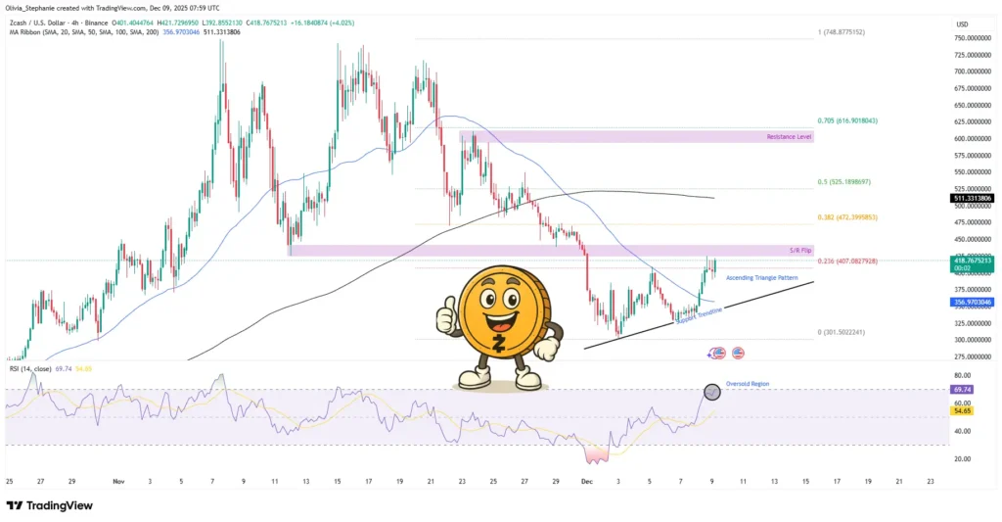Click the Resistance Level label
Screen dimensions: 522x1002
(x=791, y=137)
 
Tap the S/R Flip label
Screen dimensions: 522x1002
(x=799, y=251)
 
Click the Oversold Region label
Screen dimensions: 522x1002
(x=747, y=384)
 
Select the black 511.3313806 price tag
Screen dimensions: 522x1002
(x=972, y=199)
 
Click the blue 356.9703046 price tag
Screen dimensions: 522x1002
(x=972, y=302)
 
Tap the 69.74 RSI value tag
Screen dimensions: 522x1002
(x=962, y=389)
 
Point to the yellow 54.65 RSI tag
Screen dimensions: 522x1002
(x=962, y=410)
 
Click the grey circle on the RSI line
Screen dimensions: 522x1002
(x=712, y=392)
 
